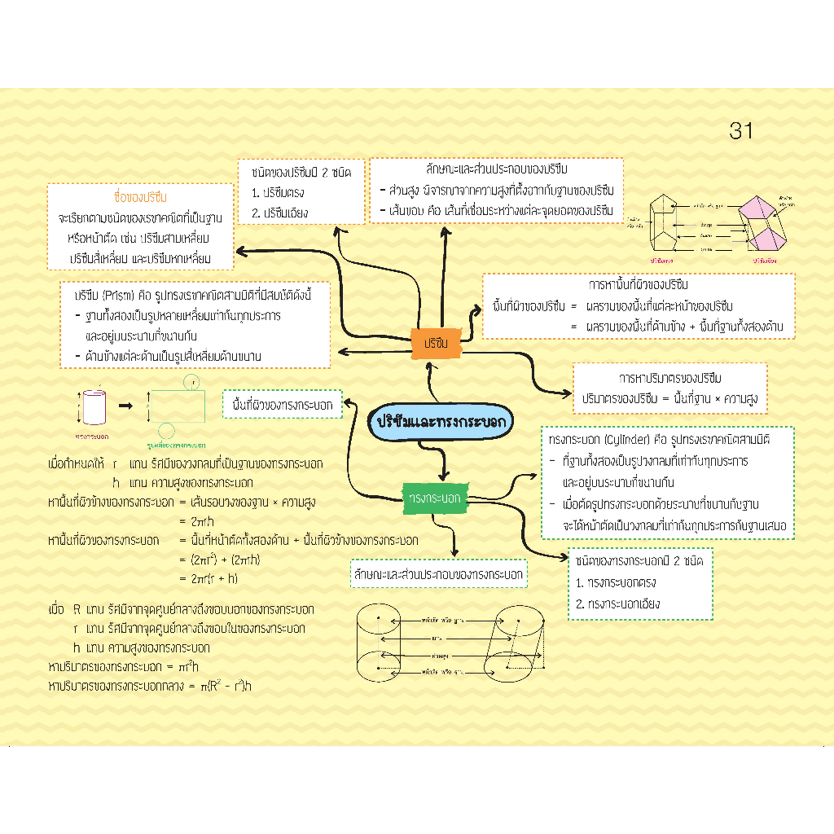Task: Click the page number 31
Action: [741, 130]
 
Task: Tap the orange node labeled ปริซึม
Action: [437, 343]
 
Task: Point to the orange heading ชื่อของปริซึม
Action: [140, 197]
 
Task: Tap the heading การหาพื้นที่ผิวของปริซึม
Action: [638, 285]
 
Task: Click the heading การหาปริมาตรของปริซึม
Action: [669, 379]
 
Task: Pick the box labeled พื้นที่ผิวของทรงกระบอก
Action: [283, 404]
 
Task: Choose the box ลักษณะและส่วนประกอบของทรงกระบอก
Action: [438, 574]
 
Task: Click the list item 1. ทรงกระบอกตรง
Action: [616, 583]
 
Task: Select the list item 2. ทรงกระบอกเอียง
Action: [617, 604]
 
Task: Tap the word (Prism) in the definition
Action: [119, 294]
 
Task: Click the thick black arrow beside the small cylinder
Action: [125, 405]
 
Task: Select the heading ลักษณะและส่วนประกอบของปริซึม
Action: [496, 169]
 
